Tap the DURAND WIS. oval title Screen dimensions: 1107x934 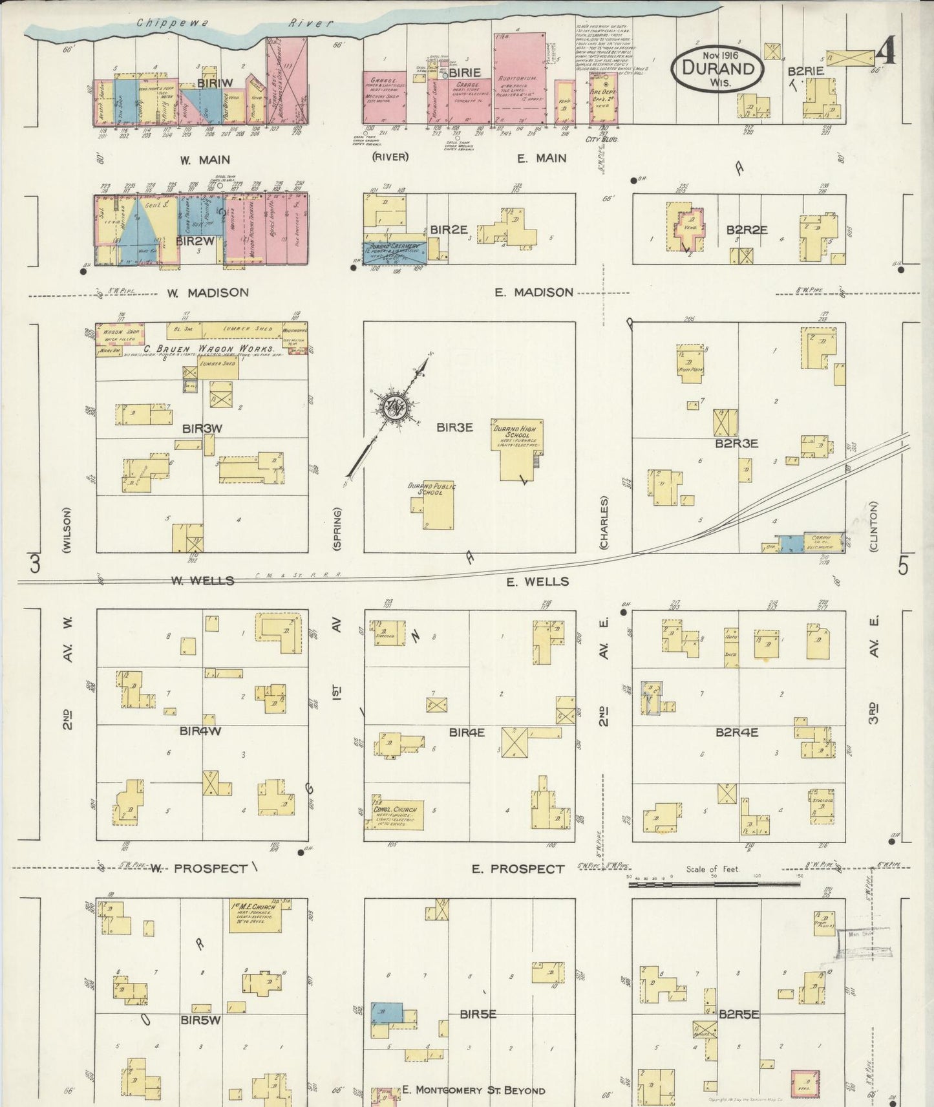click(717, 67)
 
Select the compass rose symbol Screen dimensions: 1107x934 click(392, 407)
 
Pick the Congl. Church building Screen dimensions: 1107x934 click(395, 811)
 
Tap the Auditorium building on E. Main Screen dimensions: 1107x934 click(516, 77)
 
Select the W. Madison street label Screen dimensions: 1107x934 click(207, 293)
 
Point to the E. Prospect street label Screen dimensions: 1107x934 click(518, 868)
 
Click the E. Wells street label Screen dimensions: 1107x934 click(537, 582)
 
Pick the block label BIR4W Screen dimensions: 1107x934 click(201, 731)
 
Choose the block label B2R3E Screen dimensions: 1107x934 click(736, 444)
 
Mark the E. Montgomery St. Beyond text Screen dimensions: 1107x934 click(473, 1090)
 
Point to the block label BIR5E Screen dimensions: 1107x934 click(478, 1015)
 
